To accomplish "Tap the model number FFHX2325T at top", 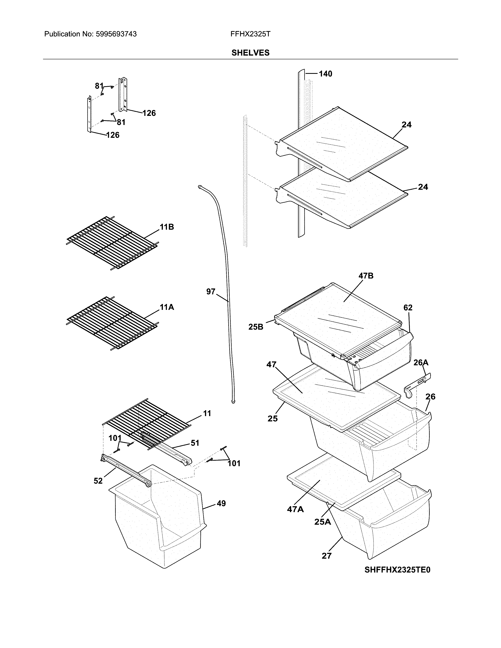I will [x=250, y=34].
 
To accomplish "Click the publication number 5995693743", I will [x=116, y=34].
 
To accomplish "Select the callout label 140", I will [x=325, y=74].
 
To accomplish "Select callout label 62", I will [x=408, y=308].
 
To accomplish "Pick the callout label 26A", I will [x=421, y=362].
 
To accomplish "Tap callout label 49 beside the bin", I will [x=221, y=503].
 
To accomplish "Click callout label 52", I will [x=98, y=481].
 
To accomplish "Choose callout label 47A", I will [x=295, y=509].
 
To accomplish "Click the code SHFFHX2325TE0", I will [x=397, y=570].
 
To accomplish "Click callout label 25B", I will [x=256, y=327].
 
